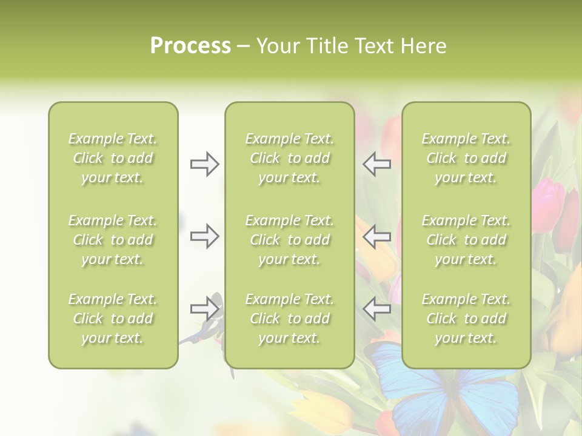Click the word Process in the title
click(x=190, y=46)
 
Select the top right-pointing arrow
click(x=204, y=164)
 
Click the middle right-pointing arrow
click(x=204, y=236)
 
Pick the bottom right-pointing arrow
click(x=204, y=309)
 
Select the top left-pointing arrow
click(x=376, y=164)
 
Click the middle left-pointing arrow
click(x=376, y=236)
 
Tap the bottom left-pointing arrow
click(x=376, y=309)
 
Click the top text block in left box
click(x=113, y=158)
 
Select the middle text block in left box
click(x=113, y=240)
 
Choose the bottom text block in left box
click(x=113, y=319)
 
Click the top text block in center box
click(x=289, y=158)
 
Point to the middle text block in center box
click(x=289, y=240)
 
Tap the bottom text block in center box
click(x=289, y=319)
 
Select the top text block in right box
click(x=466, y=158)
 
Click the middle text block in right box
click(x=466, y=240)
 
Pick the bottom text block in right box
click(x=466, y=319)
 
